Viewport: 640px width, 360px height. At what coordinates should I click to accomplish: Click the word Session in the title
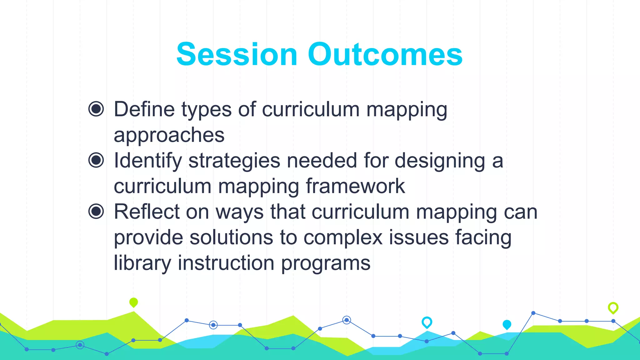point(237,55)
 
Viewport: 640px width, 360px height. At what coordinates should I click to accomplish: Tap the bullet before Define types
point(96,109)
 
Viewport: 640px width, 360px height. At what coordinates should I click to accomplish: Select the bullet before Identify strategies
point(96,160)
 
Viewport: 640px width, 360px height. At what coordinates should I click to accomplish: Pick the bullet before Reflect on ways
point(96,212)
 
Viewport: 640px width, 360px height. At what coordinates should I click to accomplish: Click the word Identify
point(147,161)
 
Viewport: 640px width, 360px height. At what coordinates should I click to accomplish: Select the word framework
point(355,186)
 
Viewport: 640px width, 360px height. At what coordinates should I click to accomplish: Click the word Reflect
point(147,212)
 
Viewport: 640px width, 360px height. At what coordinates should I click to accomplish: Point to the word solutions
point(231,237)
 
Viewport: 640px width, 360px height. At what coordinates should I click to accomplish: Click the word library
point(142,263)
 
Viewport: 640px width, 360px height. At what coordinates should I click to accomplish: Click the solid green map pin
point(133,302)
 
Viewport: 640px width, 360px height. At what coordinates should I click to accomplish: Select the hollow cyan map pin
point(427,322)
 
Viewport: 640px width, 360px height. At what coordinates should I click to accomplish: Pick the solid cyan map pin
point(507,324)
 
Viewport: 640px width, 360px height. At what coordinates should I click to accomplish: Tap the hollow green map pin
point(613,308)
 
